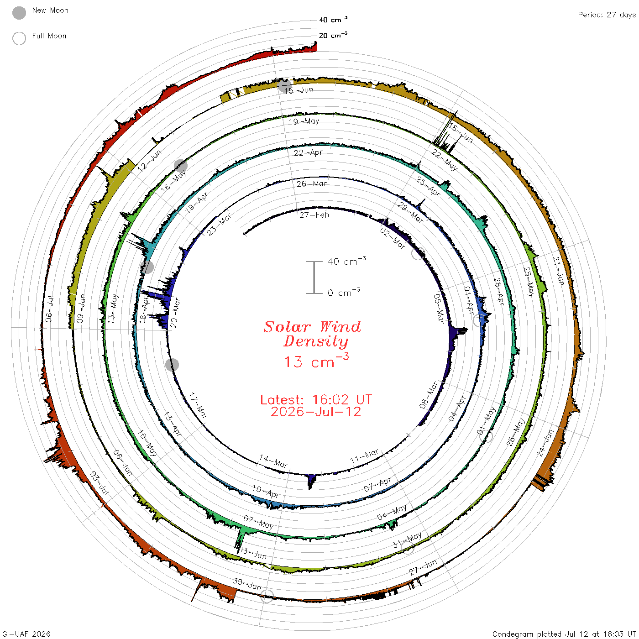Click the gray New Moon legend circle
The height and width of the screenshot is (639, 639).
19,13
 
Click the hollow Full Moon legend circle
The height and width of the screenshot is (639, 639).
19,38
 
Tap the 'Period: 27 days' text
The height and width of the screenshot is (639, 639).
607,15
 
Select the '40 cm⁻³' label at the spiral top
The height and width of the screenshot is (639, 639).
333,19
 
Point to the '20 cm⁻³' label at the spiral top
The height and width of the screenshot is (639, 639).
333,35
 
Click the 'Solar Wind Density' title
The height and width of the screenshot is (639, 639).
313,334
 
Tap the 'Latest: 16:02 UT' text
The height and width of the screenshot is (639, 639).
316,399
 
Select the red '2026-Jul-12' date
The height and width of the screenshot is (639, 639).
316,412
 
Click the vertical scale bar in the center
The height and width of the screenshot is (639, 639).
314,278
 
